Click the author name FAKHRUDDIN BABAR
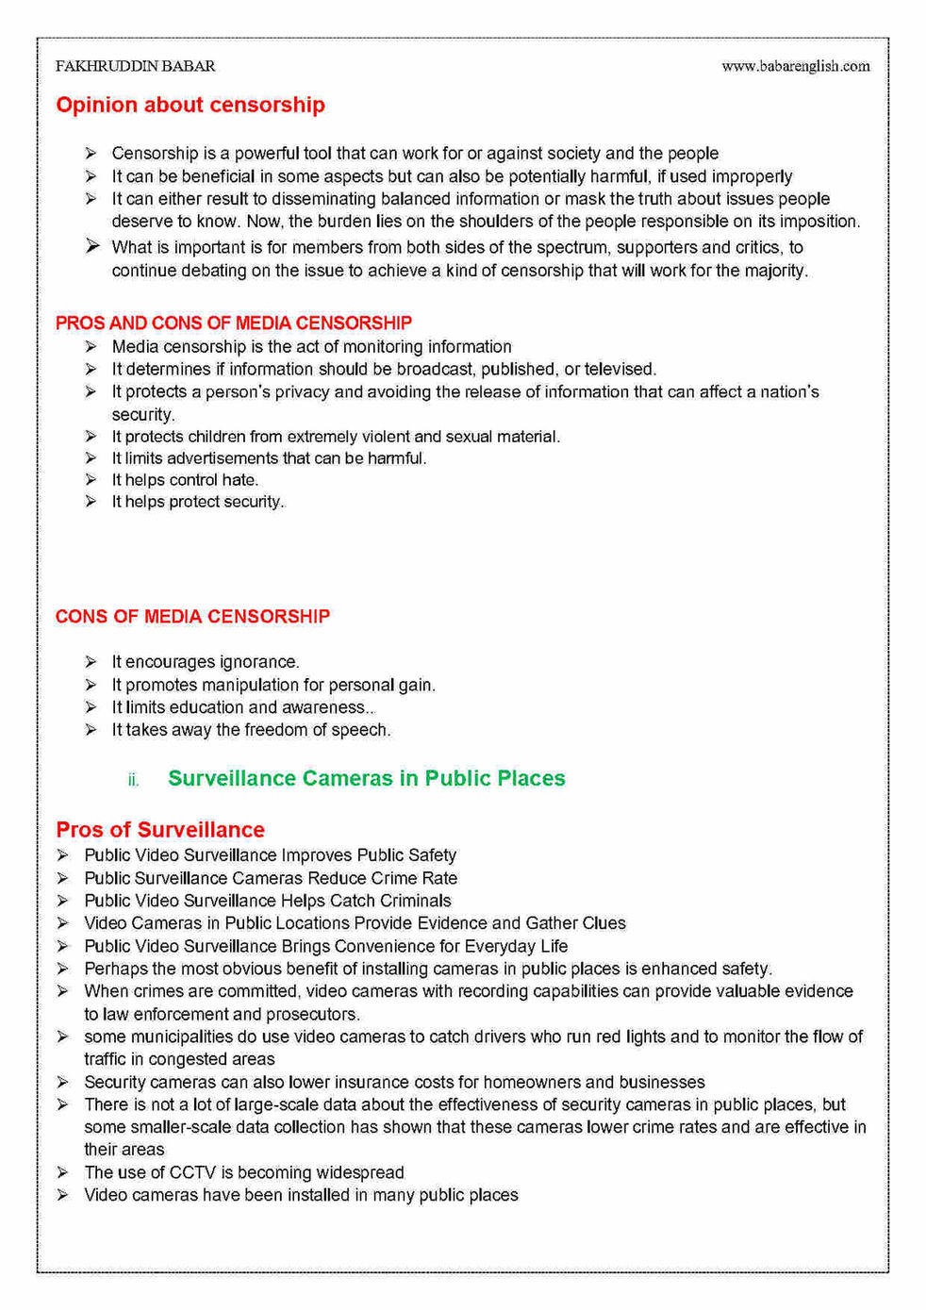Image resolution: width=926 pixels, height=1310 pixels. pos(135,66)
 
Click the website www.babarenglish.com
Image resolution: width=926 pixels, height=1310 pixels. pos(795,66)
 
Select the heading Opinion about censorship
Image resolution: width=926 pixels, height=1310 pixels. pos(190,105)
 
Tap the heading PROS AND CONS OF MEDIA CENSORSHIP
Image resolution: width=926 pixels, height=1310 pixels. pos(233,323)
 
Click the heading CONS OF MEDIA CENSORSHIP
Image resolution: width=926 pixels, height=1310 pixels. pos(192,616)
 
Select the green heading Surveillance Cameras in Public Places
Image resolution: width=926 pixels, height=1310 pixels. pos(366,778)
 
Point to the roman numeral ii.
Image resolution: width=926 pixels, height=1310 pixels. pos(133,780)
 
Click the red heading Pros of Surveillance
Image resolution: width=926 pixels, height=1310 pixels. pos(159,829)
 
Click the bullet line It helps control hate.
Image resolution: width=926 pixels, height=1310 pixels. pos(185,480)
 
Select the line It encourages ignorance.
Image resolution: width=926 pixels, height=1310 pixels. pos(205,662)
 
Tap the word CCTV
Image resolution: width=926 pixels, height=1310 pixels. pos(192,1172)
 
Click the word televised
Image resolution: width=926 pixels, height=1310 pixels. pos(619,370)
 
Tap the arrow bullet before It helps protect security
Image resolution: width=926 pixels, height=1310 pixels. pos(91,502)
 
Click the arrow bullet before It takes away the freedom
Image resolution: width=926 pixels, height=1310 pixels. pos(91,730)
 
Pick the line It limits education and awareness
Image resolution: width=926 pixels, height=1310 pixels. pos(242,707)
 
